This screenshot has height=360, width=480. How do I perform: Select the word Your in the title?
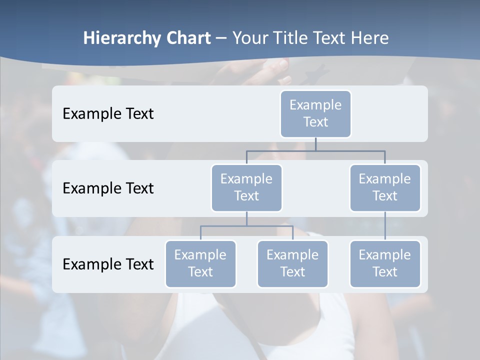coord(250,38)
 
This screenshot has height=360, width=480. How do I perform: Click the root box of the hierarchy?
coord(315,113)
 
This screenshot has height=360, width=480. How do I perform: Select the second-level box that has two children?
coord(246,187)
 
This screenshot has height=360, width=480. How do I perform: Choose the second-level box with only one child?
coord(385,187)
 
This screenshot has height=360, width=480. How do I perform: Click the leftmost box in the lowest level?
coord(200,263)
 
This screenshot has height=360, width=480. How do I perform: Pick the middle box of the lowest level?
coord(292,263)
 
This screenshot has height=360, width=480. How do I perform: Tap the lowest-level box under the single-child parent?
coord(385,263)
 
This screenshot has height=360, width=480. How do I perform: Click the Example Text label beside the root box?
coord(108,113)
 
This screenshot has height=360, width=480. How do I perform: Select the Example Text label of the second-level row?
coord(108,188)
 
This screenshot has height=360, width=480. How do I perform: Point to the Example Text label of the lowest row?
coord(108,264)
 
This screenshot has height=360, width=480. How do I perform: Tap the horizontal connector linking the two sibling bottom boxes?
coord(246,226)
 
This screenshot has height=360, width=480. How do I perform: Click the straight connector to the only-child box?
coord(385,226)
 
